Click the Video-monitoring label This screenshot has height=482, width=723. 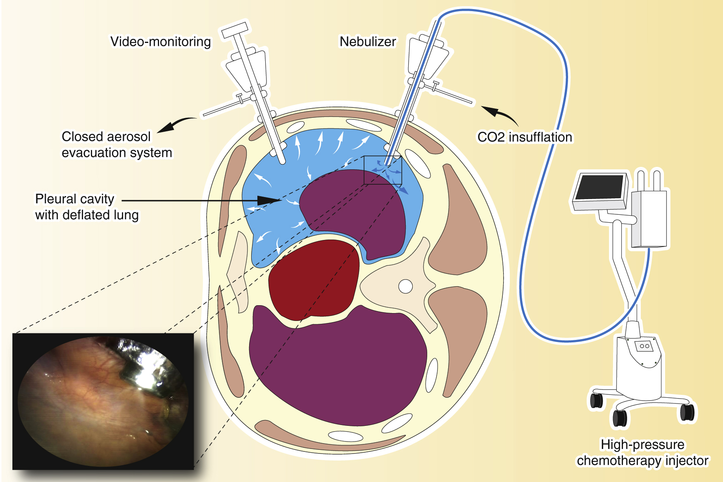(x=160, y=42)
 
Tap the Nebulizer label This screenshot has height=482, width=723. (x=367, y=42)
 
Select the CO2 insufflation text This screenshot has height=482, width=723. (x=525, y=137)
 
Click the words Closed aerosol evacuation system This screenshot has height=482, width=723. (x=117, y=145)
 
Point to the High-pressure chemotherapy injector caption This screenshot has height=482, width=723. (x=642, y=452)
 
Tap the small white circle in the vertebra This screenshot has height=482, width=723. (x=405, y=286)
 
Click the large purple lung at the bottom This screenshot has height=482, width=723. (x=337, y=368)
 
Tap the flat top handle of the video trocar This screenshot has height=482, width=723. (x=235, y=30)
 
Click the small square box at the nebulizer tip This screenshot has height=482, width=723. (x=383, y=170)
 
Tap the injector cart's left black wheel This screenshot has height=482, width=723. (x=596, y=400)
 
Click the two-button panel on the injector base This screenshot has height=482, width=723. (x=645, y=345)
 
